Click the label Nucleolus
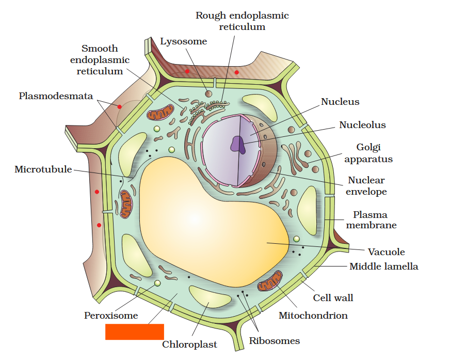tap(362, 125)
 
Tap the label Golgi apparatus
tap(368, 153)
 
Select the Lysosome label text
tap(183, 41)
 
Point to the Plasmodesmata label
tap(56, 96)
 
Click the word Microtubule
tap(43, 169)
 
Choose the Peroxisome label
tap(111, 315)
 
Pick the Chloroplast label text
tap(189, 345)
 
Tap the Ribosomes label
tap(274, 340)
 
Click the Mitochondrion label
tap(313, 315)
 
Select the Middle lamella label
tap(383, 267)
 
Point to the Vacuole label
tap(386, 252)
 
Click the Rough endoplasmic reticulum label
tap(242, 21)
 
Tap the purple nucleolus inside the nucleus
tap(238, 144)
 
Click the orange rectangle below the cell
tap(134, 332)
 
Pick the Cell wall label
tap(333, 298)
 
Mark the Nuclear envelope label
tap(366, 186)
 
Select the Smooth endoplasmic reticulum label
tap(100, 60)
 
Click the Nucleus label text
tap(340, 102)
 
